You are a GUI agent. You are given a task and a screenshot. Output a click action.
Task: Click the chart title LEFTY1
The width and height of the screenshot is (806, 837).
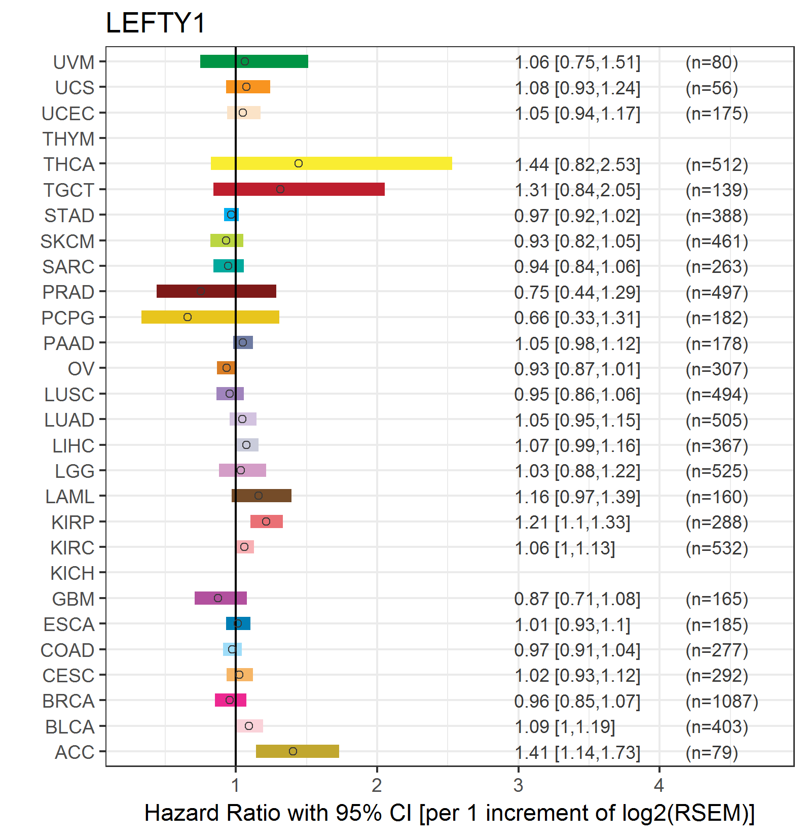155,23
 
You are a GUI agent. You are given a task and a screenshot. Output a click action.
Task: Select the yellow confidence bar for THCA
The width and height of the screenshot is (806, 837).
332,163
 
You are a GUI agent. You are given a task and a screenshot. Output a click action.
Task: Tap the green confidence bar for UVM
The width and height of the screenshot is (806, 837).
254,61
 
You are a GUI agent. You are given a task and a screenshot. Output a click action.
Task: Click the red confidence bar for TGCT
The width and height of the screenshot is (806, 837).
299,189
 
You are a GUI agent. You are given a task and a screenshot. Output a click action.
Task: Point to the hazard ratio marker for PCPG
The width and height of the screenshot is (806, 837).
188,317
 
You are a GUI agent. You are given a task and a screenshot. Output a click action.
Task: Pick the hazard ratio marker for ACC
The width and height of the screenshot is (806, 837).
293,751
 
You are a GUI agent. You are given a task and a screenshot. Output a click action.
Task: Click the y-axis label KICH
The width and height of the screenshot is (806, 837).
72,573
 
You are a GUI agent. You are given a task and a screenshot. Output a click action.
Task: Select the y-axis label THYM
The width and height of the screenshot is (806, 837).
68,138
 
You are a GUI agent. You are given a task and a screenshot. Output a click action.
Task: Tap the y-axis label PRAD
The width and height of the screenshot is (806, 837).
68,292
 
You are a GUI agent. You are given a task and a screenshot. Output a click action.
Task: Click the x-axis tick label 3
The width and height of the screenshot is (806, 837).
518,785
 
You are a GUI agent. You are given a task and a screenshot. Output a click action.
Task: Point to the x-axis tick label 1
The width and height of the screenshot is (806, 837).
236,785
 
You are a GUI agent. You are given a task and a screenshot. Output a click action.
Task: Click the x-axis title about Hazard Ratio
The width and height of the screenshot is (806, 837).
450,813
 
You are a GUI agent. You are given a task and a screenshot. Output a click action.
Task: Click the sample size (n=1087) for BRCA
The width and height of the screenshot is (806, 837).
722,701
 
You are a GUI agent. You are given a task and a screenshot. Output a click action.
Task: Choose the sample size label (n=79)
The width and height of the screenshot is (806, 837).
712,752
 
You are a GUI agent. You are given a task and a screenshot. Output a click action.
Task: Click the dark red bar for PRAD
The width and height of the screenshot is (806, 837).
216,291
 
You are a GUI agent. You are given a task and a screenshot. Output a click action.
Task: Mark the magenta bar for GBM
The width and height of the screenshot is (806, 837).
221,598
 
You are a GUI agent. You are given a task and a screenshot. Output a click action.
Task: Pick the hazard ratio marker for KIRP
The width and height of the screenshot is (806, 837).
266,521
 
